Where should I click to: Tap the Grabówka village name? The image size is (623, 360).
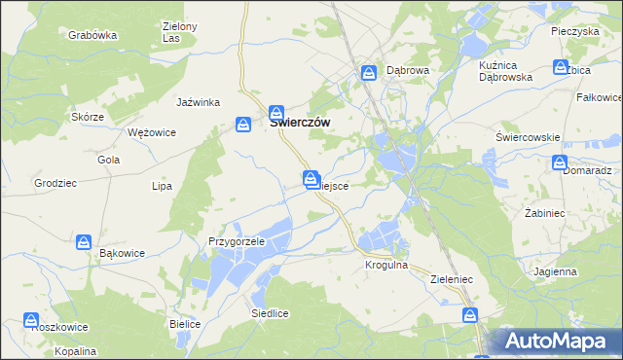[92, 34]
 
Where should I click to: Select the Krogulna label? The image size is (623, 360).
[385, 265]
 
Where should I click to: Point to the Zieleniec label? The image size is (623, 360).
[451, 278]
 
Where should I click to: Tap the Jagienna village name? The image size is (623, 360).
[555, 272]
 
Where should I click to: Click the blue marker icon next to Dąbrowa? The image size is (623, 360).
[370, 72]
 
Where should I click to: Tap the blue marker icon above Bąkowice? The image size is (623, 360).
[85, 240]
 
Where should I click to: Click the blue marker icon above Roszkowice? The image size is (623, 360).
[32, 319]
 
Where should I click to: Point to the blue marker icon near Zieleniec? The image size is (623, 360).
[471, 314]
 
